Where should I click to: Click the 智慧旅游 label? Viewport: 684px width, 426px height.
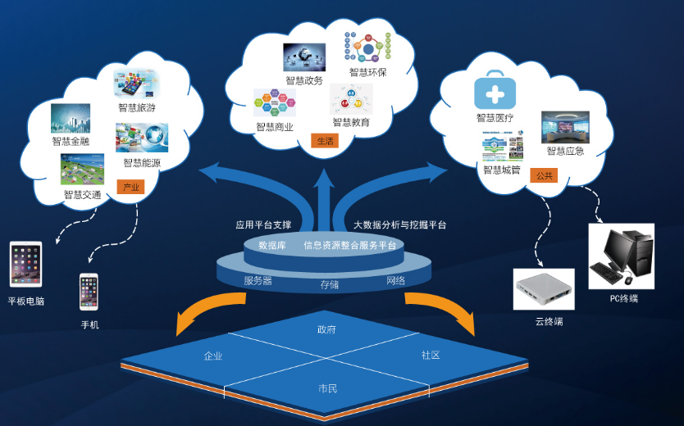tap(136, 107)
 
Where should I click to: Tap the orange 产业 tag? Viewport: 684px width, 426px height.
tap(130, 187)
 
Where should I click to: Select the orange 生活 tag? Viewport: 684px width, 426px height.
tap(325, 141)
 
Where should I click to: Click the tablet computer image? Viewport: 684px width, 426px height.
tap(25, 264)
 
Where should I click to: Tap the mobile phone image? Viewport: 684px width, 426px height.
tap(89, 292)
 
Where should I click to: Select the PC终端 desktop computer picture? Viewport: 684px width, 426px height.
tap(621, 256)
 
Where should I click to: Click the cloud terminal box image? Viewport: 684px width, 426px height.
tap(543, 288)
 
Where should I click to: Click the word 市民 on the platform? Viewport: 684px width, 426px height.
tap(327, 387)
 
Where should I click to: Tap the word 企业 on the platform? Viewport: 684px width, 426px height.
tap(213, 356)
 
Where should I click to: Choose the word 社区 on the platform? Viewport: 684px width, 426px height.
tap(431, 356)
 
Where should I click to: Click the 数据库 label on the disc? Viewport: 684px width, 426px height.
tap(271, 245)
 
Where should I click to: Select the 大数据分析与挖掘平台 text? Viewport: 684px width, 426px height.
tap(399, 224)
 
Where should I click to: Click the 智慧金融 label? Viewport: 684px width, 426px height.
tap(71, 141)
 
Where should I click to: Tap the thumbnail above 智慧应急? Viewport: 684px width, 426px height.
tap(565, 127)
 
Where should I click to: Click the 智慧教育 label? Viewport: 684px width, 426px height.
tap(351, 122)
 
